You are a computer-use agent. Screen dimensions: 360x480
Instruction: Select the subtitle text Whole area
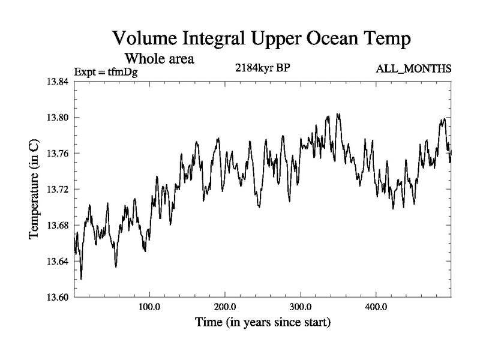(x=158, y=59)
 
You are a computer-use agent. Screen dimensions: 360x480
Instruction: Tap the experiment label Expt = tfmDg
(x=106, y=72)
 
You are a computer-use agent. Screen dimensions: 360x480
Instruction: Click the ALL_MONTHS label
(x=413, y=70)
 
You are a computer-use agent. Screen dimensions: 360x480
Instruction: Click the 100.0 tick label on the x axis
(x=149, y=308)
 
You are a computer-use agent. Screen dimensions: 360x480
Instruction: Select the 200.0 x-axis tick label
(x=225, y=308)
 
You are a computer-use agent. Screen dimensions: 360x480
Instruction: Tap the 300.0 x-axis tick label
(x=301, y=308)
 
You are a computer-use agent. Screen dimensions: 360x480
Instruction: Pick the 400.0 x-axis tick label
(x=376, y=308)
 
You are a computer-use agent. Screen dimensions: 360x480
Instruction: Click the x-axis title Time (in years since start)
(x=262, y=323)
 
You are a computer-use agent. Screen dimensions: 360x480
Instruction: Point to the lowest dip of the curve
(x=81, y=278)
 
